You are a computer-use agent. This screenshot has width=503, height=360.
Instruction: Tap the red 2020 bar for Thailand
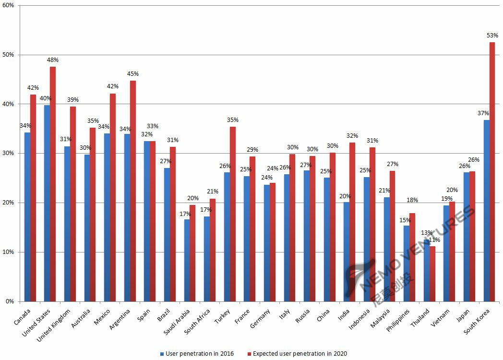[x=432, y=274]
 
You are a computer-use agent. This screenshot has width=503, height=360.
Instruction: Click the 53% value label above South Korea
[x=492, y=36]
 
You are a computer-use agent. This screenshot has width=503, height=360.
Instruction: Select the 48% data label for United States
[x=53, y=60]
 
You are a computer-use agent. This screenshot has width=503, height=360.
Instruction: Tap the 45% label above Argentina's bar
[x=133, y=74]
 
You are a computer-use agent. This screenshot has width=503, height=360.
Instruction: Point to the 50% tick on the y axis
[x=8, y=55]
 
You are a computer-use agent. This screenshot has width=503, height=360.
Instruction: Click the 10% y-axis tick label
[x=8, y=252]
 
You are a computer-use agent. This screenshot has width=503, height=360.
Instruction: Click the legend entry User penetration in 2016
[x=197, y=354]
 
